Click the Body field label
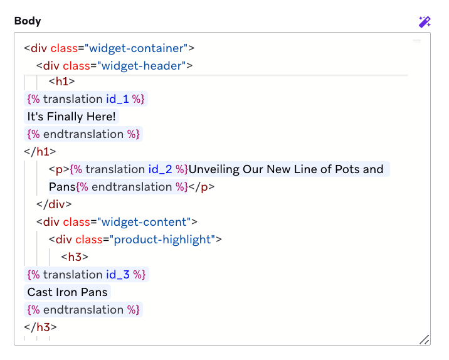click(28, 21)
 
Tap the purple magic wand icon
click(425, 22)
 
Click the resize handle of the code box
click(425, 339)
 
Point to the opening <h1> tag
click(61, 81)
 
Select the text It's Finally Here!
click(72, 117)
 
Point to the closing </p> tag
click(202, 187)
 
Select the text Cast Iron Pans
click(68, 292)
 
